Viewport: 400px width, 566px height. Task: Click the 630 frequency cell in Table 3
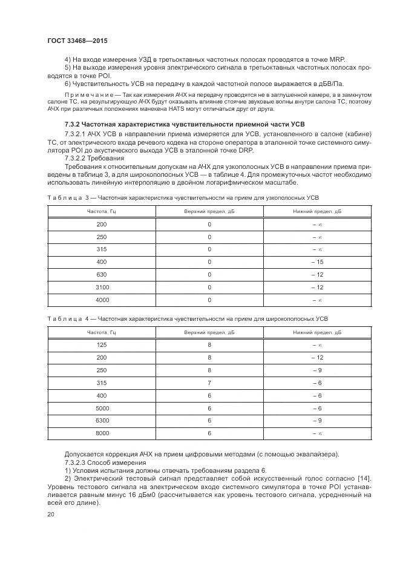click(101, 274)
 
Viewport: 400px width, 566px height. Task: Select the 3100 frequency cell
click(101, 287)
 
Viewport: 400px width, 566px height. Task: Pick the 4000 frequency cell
click(101, 300)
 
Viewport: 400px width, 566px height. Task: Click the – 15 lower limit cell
click(317, 262)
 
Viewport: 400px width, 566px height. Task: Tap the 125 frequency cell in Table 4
click(101, 344)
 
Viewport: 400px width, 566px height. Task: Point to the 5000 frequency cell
click(101, 408)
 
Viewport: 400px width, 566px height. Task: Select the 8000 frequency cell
click(101, 433)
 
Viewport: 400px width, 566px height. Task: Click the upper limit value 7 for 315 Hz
click(209, 383)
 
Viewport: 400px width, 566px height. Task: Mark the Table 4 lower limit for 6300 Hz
click(317, 421)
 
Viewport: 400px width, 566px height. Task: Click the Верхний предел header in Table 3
click(209, 211)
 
